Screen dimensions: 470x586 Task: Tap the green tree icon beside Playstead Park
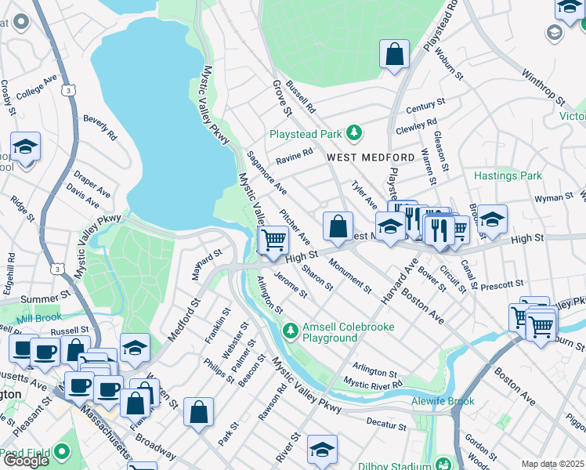pyautogui.click(x=354, y=132)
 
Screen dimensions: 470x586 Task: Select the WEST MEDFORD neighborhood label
pyautogui.click(x=359, y=157)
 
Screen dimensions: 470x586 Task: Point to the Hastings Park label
pyautogui.click(x=508, y=176)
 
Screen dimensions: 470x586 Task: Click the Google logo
pyautogui.click(x=26, y=461)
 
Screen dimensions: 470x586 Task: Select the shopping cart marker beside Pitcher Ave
pyautogui.click(x=273, y=240)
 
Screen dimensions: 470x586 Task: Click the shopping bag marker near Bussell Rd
pyautogui.click(x=395, y=55)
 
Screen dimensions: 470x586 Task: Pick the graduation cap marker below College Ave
pyautogui.click(x=25, y=146)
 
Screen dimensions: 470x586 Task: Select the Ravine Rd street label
pyautogui.click(x=294, y=156)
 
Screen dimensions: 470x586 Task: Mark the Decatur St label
pyautogui.click(x=386, y=424)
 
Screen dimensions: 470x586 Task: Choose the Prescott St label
pyautogui.click(x=501, y=284)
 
